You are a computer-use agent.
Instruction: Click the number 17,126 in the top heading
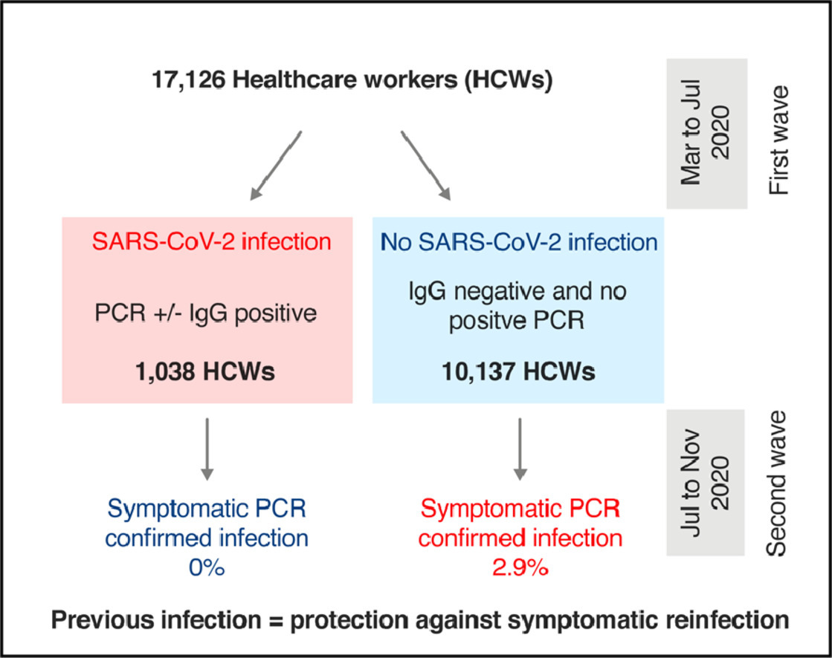[x=186, y=80]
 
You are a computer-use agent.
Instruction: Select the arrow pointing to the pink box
[x=277, y=165]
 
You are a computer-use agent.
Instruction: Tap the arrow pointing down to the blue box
[x=425, y=165]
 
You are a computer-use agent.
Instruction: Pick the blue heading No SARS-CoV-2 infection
[x=519, y=242]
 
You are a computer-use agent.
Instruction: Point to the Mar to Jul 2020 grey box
[x=706, y=131]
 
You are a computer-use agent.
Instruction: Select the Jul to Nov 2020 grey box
[x=706, y=483]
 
